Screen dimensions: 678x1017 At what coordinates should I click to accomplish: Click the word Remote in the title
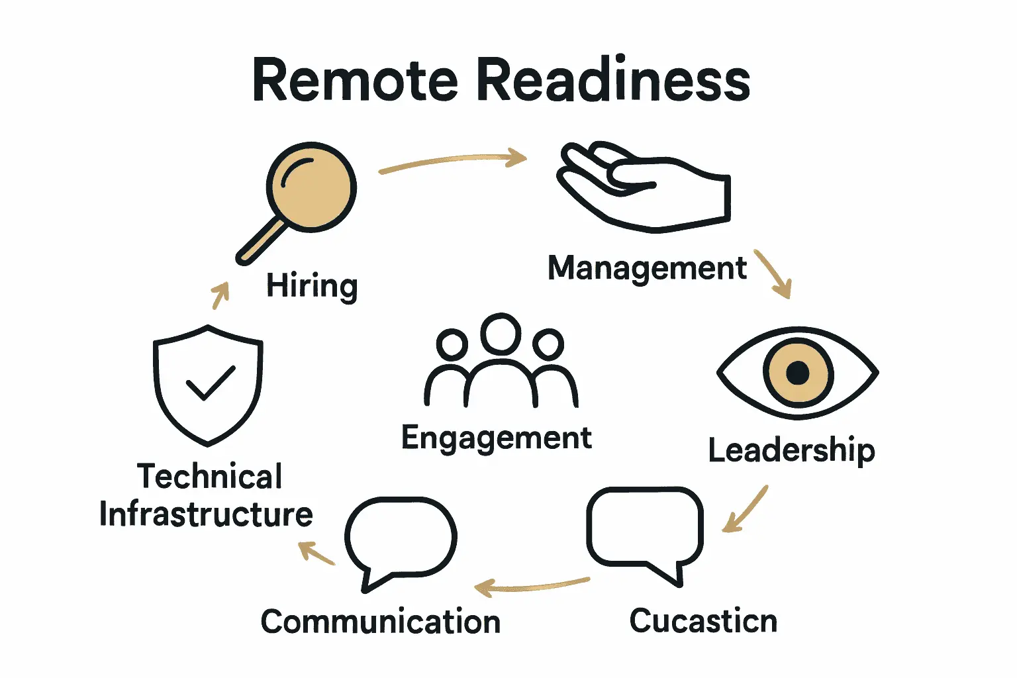(355, 81)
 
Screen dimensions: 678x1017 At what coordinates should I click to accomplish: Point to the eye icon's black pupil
(798, 373)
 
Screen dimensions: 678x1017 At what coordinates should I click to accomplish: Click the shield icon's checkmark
(210, 383)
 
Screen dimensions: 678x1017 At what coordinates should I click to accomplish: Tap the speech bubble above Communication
(401, 538)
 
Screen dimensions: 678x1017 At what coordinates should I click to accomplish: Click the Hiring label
(312, 286)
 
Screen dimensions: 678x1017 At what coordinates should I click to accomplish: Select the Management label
(647, 269)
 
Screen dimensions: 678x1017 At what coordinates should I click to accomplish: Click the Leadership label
(791, 451)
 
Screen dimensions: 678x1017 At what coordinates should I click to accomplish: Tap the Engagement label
(497, 438)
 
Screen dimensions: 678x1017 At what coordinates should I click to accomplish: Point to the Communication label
(381, 622)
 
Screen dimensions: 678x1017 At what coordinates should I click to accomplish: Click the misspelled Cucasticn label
(703, 621)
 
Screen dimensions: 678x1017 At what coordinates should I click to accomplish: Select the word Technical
(209, 477)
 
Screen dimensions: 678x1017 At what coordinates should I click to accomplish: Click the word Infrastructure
(206, 514)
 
